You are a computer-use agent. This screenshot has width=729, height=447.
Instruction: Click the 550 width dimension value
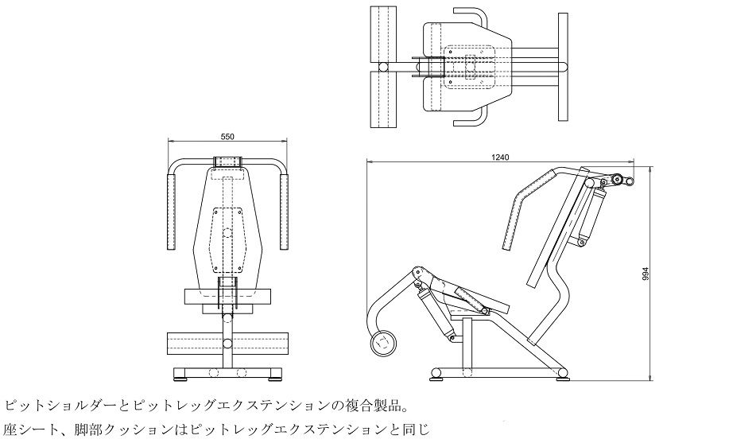[227, 137]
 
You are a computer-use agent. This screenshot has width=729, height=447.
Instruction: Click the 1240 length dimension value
[500, 157]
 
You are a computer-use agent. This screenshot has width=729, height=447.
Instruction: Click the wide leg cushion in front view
[227, 344]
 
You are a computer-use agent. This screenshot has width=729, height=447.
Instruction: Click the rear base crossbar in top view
[564, 66]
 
